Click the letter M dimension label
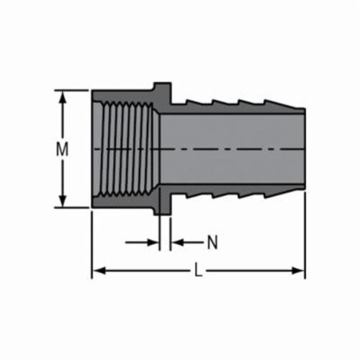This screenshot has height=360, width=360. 63,150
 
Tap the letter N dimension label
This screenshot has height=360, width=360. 212,243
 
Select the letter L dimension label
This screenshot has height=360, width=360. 198,271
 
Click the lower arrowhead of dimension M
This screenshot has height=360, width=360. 63,202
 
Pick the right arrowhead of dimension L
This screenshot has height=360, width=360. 299,271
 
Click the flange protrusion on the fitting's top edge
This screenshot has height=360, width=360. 163,87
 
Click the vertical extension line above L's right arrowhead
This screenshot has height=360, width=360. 305,238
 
